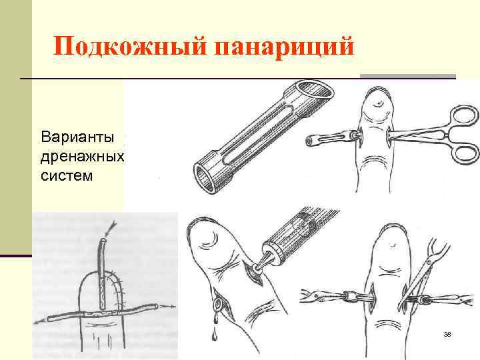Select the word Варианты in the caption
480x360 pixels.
(x=77, y=139)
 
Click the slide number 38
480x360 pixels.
(x=447, y=333)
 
